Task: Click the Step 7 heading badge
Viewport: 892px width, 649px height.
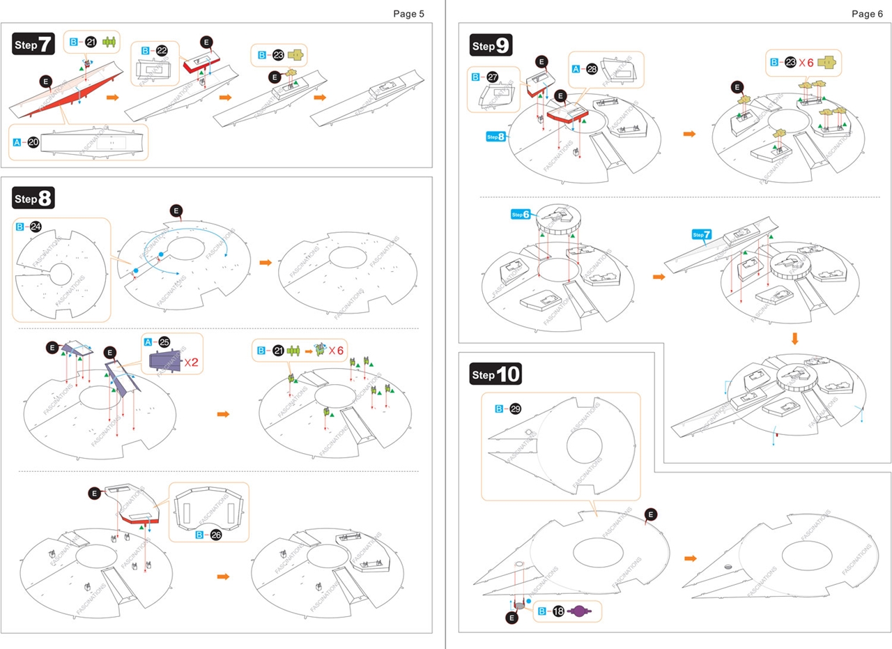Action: coord(33,45)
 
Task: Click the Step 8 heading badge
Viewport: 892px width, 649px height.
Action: coord(33,198)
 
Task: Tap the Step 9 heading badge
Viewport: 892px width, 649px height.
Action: coord(491,46)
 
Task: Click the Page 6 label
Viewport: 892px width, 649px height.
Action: coord(867,13)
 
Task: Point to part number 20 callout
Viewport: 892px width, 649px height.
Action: coord(33,142)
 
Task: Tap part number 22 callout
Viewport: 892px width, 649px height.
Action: coord(161,51)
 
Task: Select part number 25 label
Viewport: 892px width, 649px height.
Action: coord(164,342)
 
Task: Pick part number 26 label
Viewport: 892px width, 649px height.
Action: coord(215,535)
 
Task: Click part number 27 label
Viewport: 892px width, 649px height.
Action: coord(493,77)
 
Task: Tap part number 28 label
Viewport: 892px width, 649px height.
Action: coord(592,68)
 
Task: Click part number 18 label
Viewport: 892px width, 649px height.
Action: coord(559,611)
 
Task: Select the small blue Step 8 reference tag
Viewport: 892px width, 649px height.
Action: coord(495,137)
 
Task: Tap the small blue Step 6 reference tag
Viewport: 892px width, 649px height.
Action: coord(521,214)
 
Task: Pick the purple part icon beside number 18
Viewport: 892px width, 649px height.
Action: coord(580,611)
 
